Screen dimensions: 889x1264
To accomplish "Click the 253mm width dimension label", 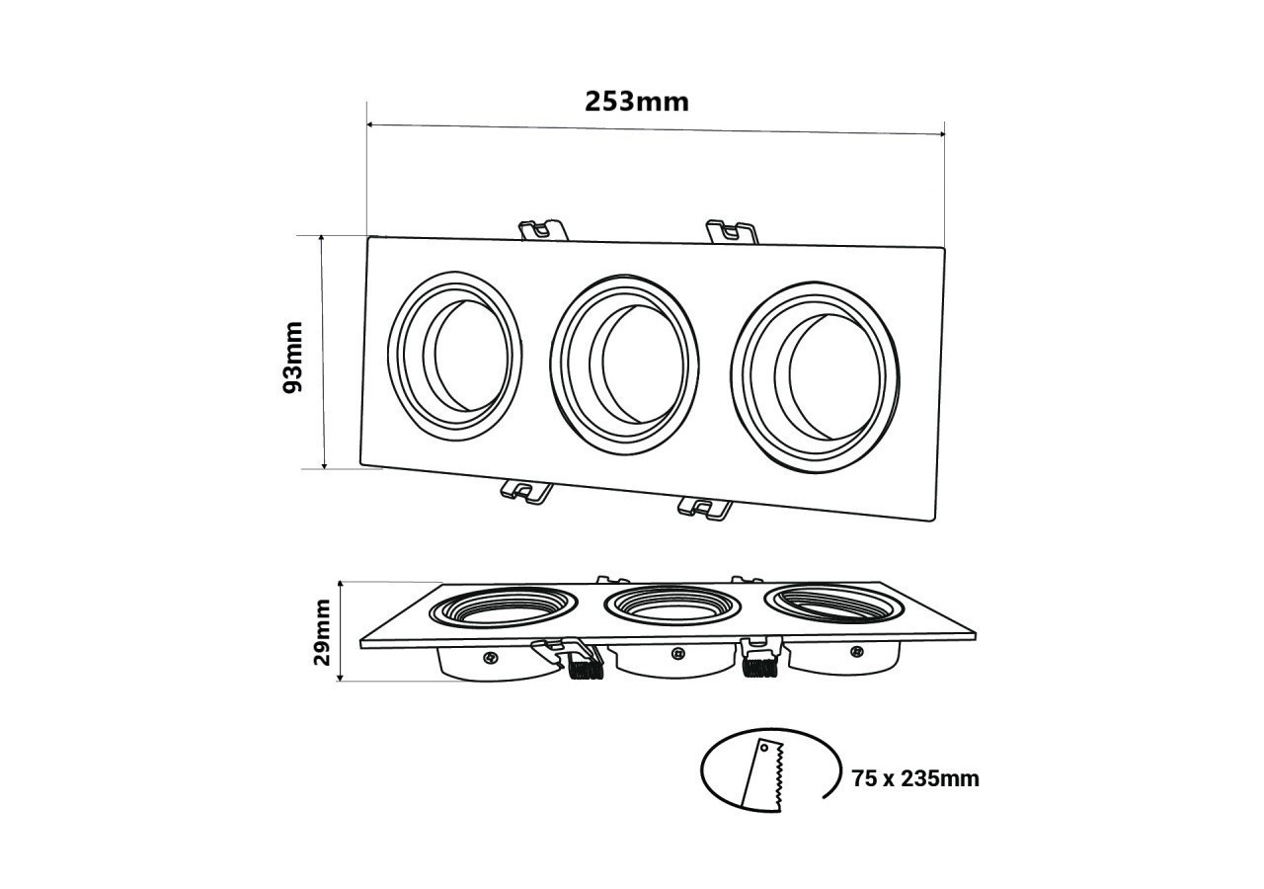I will (637, 101).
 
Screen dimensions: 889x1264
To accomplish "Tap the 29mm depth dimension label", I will (323, 632).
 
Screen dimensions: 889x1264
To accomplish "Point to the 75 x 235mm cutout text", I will (915, 778).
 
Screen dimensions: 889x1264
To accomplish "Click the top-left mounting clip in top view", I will (542, 229).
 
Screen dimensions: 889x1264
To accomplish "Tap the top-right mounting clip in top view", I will (731, 233).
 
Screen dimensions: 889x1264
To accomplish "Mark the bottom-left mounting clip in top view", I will (525, 489).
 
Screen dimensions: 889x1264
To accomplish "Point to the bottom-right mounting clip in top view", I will (704, 508).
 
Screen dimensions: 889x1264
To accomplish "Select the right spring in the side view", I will (758, 667).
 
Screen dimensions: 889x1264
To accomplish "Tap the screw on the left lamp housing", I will (490, 656).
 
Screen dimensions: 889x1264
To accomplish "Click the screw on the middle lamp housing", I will (676, 653).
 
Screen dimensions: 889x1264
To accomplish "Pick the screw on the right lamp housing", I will (856, 651).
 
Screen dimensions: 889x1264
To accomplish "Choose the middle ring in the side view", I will (671, 606).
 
